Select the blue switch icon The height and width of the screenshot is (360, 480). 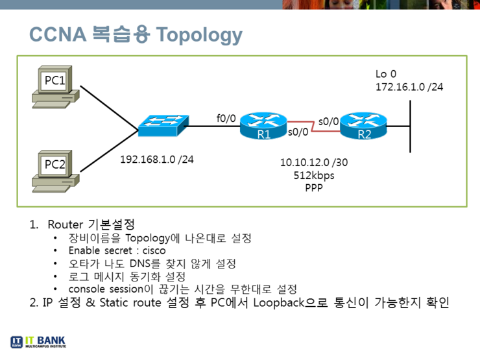[163, 125]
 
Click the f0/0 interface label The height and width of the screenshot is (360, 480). [226, 118]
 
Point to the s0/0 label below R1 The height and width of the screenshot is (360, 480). [298, 134]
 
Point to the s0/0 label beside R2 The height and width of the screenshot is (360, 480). [328, 121]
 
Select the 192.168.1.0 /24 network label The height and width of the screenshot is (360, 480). [156, 159]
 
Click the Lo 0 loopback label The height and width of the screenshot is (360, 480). [385, 74]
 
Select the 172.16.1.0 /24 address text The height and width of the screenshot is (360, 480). [409, 86]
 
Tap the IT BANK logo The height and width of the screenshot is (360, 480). [38, 342]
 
